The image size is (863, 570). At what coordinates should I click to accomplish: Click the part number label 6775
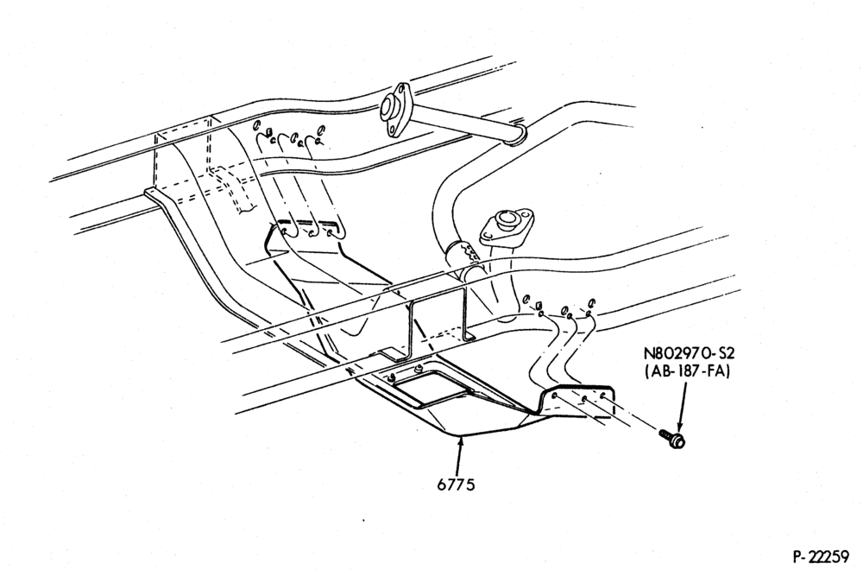(456, 484)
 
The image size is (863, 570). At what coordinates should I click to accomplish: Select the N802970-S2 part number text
(689, 352)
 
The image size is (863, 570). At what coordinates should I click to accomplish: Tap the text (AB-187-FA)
(688, 371)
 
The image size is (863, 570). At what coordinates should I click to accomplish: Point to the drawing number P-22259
(824, 556)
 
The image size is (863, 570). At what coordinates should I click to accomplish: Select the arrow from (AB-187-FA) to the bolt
(682, 405)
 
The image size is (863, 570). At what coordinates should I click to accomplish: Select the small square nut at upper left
(268, 131)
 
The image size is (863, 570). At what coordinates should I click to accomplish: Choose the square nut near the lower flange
(539, 305)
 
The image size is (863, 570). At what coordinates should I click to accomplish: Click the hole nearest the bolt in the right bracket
(603, 396)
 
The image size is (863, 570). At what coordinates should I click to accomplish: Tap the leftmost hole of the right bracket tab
(553, 396)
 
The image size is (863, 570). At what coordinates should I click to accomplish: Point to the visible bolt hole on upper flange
(392, 130)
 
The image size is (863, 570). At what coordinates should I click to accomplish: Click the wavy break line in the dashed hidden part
(247, 209)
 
